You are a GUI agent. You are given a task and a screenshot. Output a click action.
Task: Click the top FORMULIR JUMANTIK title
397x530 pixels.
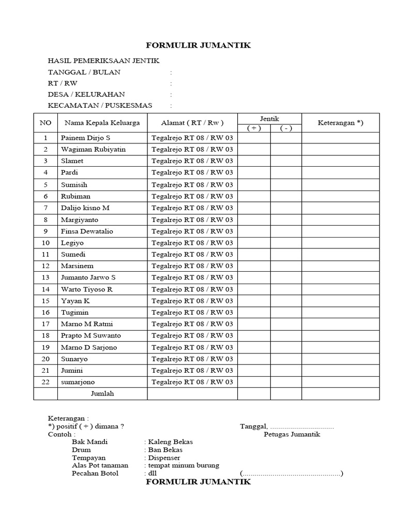[x=198, y=46]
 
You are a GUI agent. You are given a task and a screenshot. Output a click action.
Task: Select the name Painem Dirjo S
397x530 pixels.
[x=86, y=138]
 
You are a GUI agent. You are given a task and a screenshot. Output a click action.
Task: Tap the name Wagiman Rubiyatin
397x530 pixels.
[x=93, y=149]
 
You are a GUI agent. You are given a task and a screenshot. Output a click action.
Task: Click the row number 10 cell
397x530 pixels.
[x=45, y=243]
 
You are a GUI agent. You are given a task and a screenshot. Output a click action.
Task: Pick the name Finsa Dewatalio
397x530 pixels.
[x=87, y=231]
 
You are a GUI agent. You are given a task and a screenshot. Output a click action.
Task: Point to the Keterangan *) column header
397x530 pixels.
[x=340, y=123]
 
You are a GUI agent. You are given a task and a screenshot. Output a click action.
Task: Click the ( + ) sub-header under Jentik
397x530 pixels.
[x=254, y=129]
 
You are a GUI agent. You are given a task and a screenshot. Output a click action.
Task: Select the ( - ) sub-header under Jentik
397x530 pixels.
[x=286, y=129]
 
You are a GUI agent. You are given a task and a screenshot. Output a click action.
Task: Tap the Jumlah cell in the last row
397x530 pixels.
[x=102, y=394]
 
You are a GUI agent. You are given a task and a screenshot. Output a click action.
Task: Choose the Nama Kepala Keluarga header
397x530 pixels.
[x=102, y=123]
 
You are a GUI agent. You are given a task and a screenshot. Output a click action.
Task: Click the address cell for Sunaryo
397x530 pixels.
[x=192, y=359]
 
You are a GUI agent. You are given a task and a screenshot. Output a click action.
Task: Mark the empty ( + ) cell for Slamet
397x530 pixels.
[x=254, y=161]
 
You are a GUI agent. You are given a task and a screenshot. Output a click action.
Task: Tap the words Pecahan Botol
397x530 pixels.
[x=95, y=473]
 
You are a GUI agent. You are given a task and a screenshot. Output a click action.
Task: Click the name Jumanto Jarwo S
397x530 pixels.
[x=88, y=277]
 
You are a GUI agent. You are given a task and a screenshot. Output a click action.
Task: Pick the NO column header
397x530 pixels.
[x=45, y=123]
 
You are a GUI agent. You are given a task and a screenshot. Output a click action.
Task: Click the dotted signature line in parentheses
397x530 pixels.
[x=292, y=474]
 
